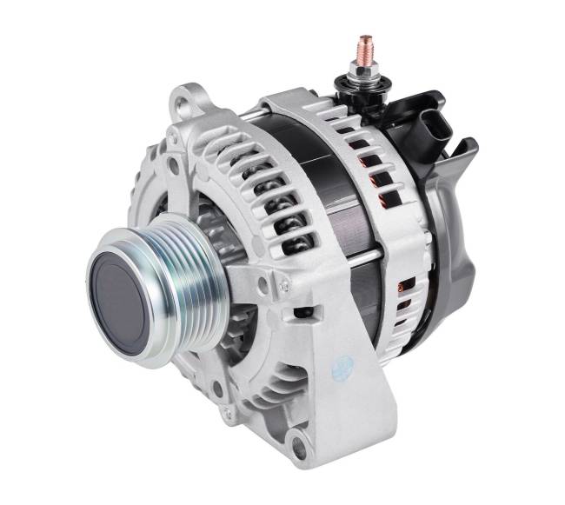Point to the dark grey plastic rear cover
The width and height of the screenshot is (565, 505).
tap(461, 226)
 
